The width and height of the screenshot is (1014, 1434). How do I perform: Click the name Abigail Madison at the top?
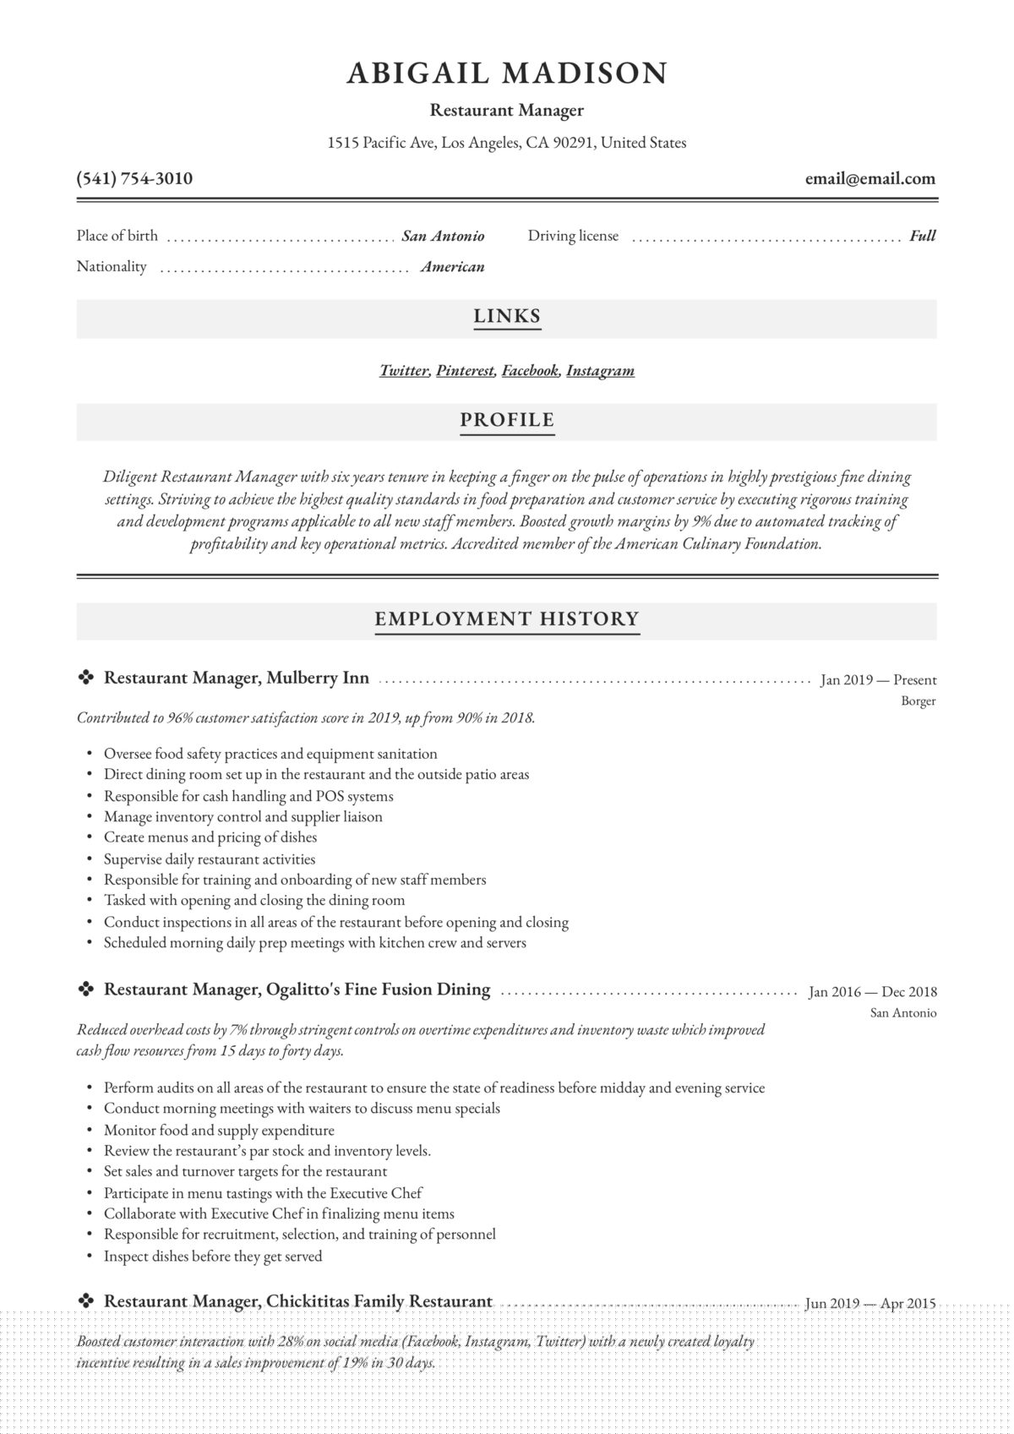[507, 74]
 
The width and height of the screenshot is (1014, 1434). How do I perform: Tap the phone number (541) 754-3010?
[134, 178]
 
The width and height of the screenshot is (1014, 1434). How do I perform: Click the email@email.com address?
[870, 178]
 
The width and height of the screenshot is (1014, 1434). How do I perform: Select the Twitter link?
[404, 370]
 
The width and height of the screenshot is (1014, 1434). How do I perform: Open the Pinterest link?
[465, 370]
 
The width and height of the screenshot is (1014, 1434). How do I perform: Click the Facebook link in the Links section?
[531, 370]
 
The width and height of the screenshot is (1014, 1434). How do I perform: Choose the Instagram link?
[600, 370]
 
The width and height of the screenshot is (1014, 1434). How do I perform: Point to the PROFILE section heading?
[507, 420]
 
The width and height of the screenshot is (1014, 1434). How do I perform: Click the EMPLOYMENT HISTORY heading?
[507, 619]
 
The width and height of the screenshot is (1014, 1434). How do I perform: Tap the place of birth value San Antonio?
[443, 236]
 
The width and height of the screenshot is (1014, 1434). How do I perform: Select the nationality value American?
[453, 267]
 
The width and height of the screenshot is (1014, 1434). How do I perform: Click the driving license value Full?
[922, 236]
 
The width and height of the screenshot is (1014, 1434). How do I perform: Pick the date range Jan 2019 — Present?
[878, 679]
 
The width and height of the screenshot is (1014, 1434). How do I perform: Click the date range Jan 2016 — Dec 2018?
[872, 992]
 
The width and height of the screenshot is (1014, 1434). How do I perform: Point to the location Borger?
[918, 701]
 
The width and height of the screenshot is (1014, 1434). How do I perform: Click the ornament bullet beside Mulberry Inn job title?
[85, 678]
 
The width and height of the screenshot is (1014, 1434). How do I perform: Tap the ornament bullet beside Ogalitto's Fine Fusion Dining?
[85, 990]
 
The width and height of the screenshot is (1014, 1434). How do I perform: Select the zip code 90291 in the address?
[572, 143]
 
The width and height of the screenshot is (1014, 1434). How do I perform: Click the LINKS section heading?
[507, 316]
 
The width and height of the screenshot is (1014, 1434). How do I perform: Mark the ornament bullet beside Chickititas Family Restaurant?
[85, 1301]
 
